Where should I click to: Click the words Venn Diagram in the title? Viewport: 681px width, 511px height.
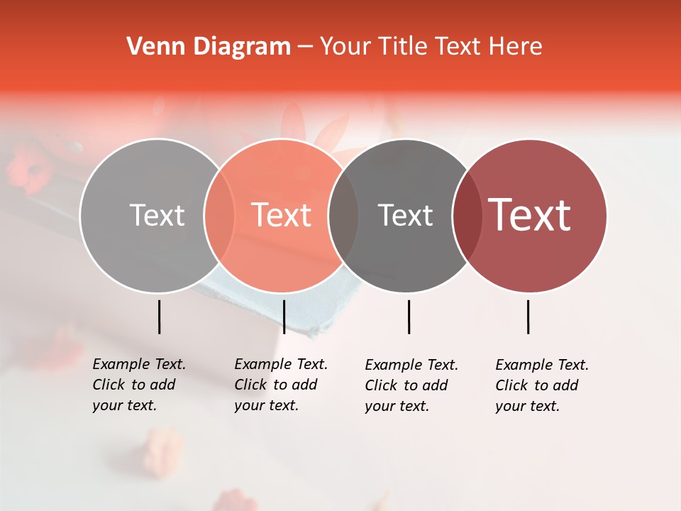coord(209,47)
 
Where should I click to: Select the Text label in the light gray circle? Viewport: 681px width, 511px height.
coord(157,215)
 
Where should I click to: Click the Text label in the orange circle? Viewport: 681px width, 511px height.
coord(281,215)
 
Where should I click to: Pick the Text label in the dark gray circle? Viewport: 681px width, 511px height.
coord(405,215)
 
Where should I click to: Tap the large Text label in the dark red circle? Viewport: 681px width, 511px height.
coord(529,215)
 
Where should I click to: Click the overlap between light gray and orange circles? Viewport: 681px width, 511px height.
coord(219,215)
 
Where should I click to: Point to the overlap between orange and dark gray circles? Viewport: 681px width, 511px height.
coord(343,215)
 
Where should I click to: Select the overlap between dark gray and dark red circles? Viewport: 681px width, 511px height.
coord(465,215)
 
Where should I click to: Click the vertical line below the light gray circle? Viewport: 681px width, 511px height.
coord(159,317)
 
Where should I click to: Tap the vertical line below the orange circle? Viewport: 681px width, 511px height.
coord(284,317)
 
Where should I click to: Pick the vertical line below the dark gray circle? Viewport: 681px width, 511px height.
coord(409,317)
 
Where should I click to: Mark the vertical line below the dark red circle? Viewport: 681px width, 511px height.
coord(528,317)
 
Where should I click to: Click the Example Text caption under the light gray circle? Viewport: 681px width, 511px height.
coord(138,385)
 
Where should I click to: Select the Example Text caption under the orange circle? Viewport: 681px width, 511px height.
coord(280,385)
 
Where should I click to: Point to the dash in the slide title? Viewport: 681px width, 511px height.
coord(305,48)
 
